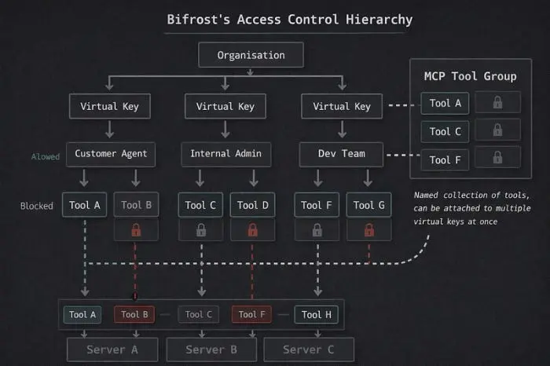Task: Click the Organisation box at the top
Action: point(251,55)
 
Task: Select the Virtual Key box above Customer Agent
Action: point(110,106)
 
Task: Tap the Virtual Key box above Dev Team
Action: point(341,106)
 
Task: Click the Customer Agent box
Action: point(111,154)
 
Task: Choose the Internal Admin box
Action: point(225,154)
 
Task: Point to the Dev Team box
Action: point(341,154)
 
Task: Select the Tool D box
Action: point(253,206)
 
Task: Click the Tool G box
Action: point(369,206)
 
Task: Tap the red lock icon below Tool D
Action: point(253,230)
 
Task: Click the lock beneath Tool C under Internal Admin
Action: point(201,230)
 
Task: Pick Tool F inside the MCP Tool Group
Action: point(445,160)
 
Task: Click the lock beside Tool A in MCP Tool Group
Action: point(497,103)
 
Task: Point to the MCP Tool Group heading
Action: point(470,76)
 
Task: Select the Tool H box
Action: point(316,315)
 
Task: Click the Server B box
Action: point(212,350)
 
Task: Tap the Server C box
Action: point(309,350)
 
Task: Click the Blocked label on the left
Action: point(36,207)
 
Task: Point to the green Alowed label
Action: point(45,156)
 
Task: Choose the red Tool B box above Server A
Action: point(136,315)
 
